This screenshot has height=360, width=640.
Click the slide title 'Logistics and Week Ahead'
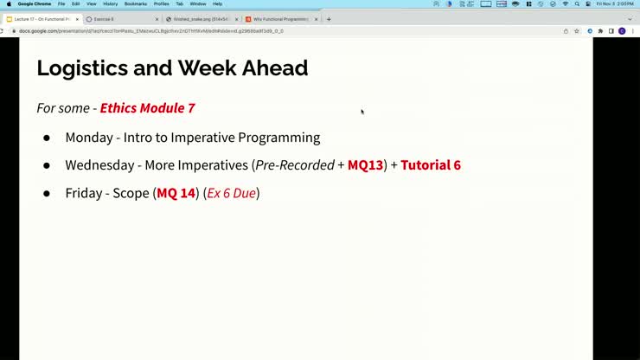[171, 67]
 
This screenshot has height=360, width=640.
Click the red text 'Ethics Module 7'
[147, 108]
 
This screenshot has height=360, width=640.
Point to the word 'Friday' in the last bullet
[83, 193]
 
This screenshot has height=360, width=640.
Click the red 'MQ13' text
[365, 165]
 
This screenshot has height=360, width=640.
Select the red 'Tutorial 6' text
[431, 165]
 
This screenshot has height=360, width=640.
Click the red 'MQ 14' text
[176, 193]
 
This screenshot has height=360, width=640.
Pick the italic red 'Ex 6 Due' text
[231, 193]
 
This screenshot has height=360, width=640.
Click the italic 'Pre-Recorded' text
[294, 165]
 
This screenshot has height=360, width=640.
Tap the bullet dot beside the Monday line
[47, 138]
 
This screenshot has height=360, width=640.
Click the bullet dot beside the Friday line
[47, 193]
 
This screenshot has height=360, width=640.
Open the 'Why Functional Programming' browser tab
[278, 19]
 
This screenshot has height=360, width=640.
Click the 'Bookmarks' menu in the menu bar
[135, 3]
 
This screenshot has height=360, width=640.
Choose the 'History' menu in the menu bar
[110, 3]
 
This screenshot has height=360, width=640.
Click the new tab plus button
[329, 19]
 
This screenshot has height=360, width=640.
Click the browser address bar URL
[173, 31]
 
